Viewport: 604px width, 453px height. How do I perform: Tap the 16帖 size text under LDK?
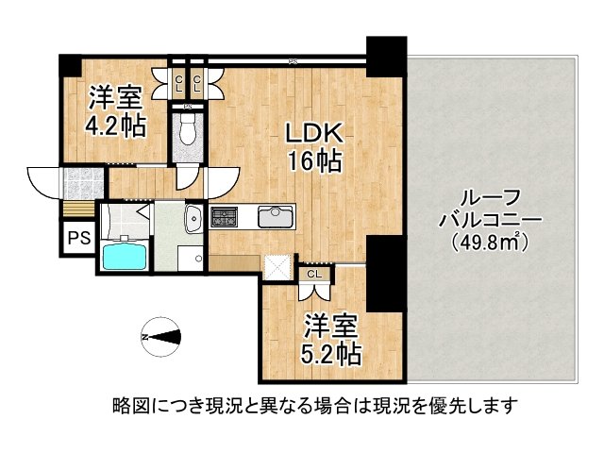pos(314,161)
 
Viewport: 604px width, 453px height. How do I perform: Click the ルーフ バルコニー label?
pos(489,209)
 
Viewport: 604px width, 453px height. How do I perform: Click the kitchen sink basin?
pos(275,216)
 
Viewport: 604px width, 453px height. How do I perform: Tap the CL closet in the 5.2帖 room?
pos(314,275)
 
